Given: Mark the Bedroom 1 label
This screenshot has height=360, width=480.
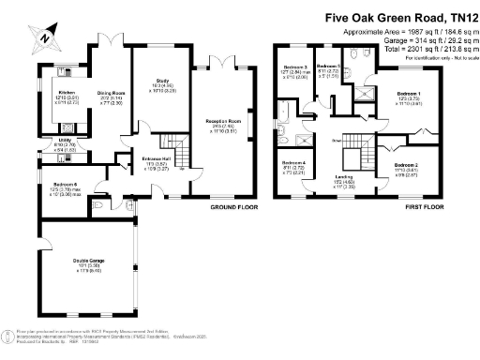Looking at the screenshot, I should [410, 94].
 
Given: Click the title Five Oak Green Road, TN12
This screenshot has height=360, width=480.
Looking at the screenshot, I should [400, 17].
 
